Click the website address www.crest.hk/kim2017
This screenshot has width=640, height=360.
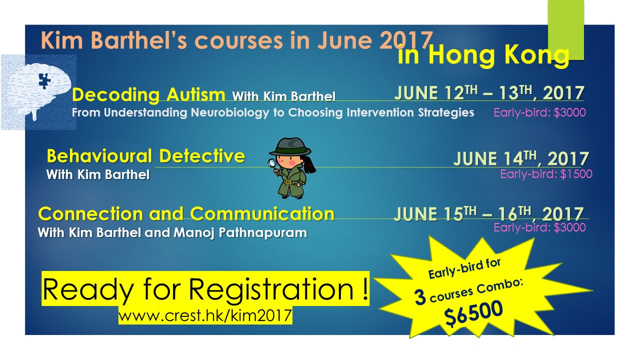205,315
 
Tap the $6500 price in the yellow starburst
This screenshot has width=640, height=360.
473,313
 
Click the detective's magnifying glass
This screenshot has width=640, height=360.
272,163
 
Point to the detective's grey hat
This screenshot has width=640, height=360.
289,146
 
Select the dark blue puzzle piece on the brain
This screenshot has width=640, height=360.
44,80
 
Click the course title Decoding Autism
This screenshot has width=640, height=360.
148,94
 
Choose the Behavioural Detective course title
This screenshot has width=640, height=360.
145,156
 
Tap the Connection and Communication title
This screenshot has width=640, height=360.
186,213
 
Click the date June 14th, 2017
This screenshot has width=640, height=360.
521,158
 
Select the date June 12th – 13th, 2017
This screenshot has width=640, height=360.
489,92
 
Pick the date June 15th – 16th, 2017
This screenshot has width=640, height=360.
488,213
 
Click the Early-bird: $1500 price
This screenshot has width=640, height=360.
546,174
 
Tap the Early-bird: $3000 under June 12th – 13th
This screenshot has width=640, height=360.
539,112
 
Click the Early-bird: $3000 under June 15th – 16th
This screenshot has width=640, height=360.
539,227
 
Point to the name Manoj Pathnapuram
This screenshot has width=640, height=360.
240,233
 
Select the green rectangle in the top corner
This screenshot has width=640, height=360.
565,30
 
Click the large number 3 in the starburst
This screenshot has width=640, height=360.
420,297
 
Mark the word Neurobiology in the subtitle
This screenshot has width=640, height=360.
229,113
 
